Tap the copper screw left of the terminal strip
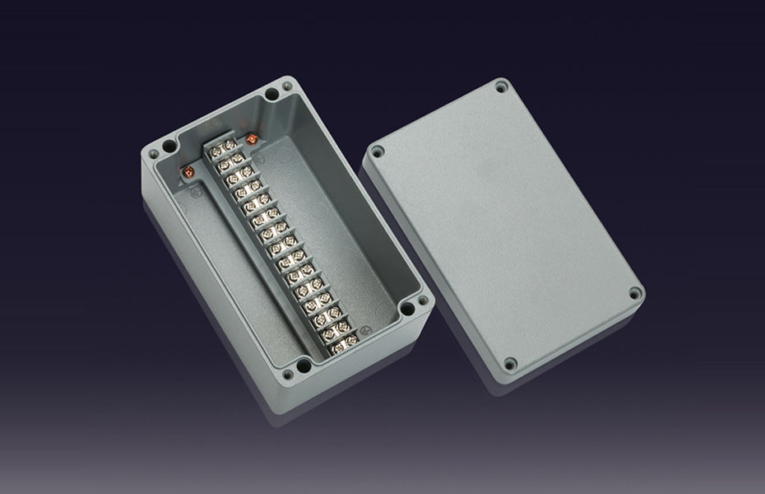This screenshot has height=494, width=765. click(188, 171)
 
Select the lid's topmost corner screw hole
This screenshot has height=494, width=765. click(501, 86)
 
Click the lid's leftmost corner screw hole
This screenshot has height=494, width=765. click(378, 152)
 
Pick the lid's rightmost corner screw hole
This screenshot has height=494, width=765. click(634, 292)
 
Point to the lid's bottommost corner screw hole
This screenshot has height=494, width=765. click(510, 362)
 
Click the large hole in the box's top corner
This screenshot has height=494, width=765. click(271, 96)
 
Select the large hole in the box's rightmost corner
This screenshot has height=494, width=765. click(407, 310)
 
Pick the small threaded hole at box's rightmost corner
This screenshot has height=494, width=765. click(423, 301)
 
